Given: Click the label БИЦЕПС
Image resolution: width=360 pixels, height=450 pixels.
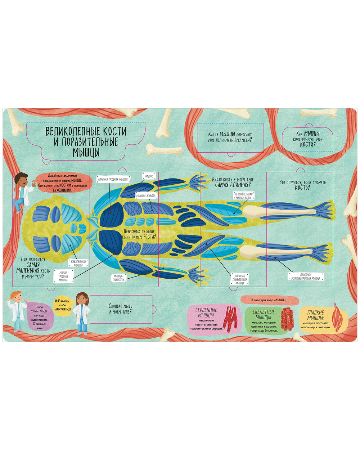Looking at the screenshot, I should click(149, 176).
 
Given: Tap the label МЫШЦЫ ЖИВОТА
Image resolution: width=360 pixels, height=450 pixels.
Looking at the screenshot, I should click(146, 195).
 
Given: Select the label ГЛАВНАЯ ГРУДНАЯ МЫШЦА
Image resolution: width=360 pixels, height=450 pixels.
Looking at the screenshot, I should click(113, 179).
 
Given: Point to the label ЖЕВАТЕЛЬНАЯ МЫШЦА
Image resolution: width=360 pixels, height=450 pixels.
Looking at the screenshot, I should click(78, 263).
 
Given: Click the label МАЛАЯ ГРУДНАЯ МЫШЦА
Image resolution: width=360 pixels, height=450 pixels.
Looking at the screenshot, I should click(63, 276).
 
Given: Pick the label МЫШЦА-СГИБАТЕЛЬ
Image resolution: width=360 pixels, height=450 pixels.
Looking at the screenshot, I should click(119, 278).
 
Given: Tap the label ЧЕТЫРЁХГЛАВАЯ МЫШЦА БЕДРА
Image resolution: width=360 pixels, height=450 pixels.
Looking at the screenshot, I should click(244, 196).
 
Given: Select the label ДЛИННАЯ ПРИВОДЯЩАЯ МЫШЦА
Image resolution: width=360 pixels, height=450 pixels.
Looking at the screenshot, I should click(240, 279).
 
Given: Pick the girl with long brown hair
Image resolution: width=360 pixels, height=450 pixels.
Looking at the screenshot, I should click(81, 312).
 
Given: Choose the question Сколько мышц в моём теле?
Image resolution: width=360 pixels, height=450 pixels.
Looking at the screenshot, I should click(121, 309).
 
